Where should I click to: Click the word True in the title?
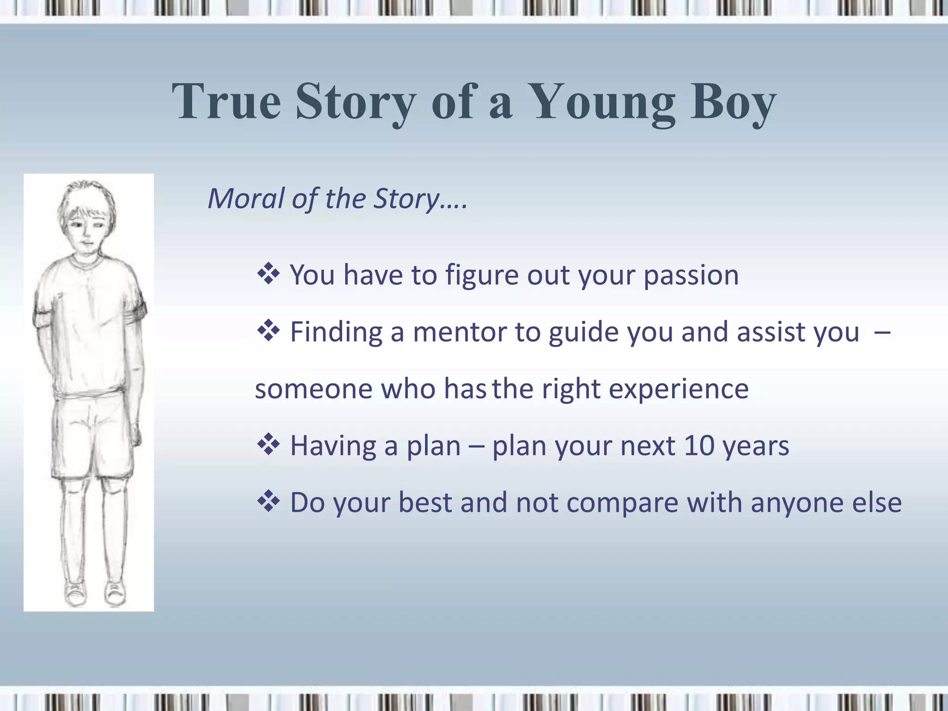click(x=226, y=102)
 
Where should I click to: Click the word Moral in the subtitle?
click(x=245, y=199)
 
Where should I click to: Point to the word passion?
click(x=691, y=275)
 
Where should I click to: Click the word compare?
click(x=622, y=503)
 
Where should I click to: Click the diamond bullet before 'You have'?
click(x=268, y=274)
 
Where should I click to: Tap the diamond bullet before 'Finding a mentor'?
click(x=268, y=331)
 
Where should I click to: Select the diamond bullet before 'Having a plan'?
click(x=268, y=445)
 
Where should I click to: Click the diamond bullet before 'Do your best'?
click(x=268, y=502)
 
